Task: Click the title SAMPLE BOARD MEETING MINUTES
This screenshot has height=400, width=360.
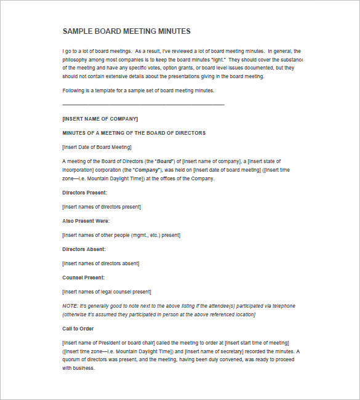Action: click(x=127, y=31)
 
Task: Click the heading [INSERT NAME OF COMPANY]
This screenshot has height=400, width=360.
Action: click(x=100, y=119)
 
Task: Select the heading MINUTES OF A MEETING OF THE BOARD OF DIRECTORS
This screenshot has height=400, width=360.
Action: click(x=134, y=133)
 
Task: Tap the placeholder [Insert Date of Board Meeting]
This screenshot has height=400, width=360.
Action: click(x=97, y=147)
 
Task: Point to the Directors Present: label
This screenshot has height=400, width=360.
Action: click(x=85, y=193)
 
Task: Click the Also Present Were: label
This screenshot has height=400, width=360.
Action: click(x=86, y=221)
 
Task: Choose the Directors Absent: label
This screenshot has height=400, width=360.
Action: click(x=84, y=249)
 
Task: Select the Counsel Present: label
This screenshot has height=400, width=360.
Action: click(x=84, y=278)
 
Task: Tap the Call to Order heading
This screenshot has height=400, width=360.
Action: click(x=78, y=329)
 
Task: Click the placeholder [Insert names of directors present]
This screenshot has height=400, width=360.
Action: click(x=102, y=207)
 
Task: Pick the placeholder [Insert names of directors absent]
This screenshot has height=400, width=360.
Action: click(x=101, y=263)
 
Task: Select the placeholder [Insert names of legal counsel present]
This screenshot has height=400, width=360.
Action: click(x=106, y=292)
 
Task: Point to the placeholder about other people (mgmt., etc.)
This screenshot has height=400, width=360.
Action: click(x=121, y=235)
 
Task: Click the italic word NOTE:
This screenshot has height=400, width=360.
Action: click(x=70, y=306)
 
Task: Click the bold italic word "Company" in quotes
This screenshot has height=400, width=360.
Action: click(x=147, y=170)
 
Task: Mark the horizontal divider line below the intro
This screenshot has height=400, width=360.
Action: click(x=143, y=105)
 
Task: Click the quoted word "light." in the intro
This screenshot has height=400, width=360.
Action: click(x=222, y=60)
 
